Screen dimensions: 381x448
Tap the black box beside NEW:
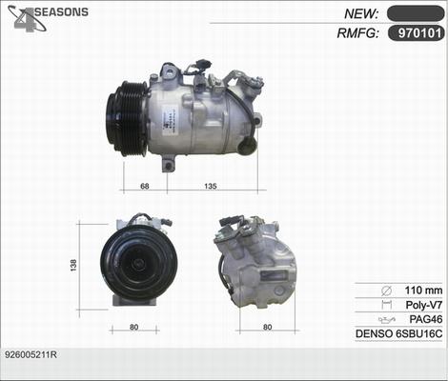pyautogui.click(x=414, y=13)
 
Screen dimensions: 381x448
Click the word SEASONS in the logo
pyautogui.click(x=62, y=11)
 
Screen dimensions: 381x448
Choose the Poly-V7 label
pyautogui.click(x=423, y=305)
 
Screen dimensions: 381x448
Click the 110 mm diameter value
pyautogui.click(x=423, y=290)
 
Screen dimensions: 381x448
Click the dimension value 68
pyautogui.click(x=144, y=186)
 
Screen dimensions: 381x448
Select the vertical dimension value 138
pyautogui.click(x=73, y=266)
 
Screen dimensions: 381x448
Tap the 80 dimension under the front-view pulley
pyautogui.click(x=134, y=328)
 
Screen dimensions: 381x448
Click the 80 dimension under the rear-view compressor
pyautogui.click(x=268, y=328)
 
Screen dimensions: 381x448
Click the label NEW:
pyautogui.click(x=361, y=13)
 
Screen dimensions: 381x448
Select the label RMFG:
pyautogui.click(x=357, y=34)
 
